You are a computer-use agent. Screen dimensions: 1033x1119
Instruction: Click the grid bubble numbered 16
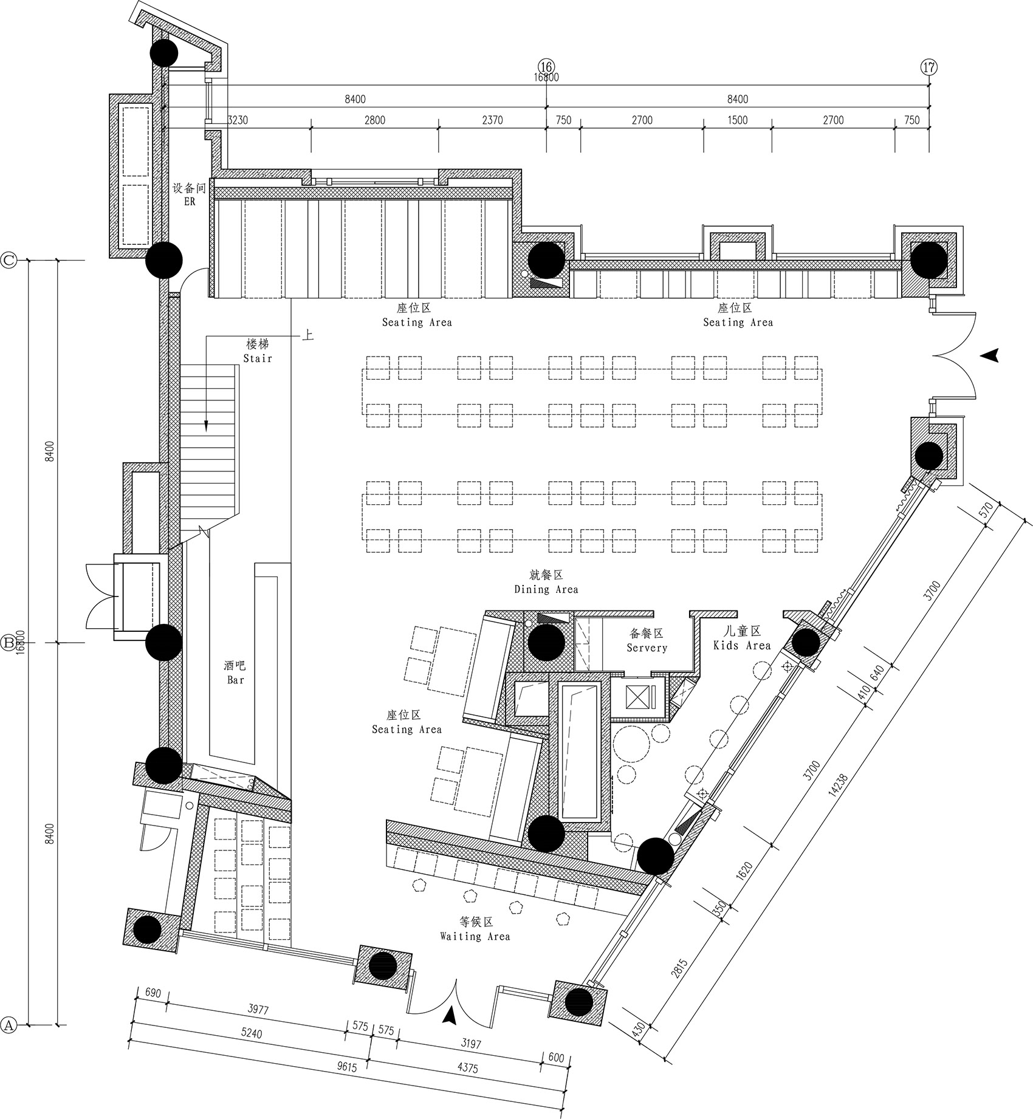[x=546, y=66]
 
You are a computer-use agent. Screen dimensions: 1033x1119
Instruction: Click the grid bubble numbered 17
[x=929, y=67]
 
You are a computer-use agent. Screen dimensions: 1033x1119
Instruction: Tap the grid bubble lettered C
[x=9, y=261]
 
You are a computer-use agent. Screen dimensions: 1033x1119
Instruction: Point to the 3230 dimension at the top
[x=238, y=120]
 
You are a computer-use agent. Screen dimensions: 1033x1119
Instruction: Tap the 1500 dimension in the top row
[x=737, y=120]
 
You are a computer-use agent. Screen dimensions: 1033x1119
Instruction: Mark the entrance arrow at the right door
[x=991, y=356]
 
